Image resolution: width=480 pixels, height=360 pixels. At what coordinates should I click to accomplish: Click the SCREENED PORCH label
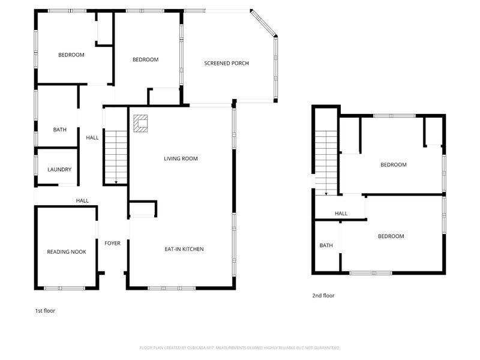pos(226,63)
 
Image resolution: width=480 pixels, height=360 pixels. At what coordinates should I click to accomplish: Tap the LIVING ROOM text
pos(181,158)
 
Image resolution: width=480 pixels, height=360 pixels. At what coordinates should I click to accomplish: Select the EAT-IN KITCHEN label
pos(184,249)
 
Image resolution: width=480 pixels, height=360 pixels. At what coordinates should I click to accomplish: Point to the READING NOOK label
pos(66,252)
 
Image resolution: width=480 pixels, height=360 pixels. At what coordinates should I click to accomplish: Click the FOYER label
pos(112,244)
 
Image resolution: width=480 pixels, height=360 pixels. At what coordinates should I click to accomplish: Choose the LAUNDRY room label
pos(59,170)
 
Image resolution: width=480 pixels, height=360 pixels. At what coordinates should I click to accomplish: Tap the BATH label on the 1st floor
pos(59,130)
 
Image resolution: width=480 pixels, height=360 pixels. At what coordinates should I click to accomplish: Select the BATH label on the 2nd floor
pos(326,245)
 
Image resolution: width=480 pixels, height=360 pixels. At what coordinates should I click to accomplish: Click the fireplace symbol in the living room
pos(140,123)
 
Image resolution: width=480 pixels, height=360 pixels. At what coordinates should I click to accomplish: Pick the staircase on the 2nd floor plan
pos(326,162)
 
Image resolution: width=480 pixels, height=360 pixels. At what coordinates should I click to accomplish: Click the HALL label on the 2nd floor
pos(341,214)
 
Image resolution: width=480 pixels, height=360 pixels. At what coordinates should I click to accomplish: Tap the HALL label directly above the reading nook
pos(82,200)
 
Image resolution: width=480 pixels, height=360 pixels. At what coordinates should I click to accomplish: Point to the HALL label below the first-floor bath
pos(92,137)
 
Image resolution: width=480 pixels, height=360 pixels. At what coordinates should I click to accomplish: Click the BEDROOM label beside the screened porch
pos(145,59)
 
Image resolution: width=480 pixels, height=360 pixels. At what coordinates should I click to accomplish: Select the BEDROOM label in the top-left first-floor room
pos(71,55)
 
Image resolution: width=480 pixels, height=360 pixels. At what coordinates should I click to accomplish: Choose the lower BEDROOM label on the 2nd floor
pos(391,236)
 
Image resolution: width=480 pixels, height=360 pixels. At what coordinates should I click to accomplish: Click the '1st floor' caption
pos(45,311)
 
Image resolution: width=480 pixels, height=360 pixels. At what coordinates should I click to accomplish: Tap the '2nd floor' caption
pos(323,295)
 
